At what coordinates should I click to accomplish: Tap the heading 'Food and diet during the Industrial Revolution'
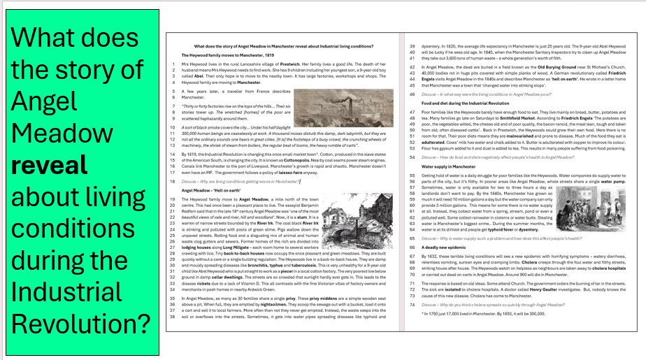470,103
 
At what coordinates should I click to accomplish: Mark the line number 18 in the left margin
173,181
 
